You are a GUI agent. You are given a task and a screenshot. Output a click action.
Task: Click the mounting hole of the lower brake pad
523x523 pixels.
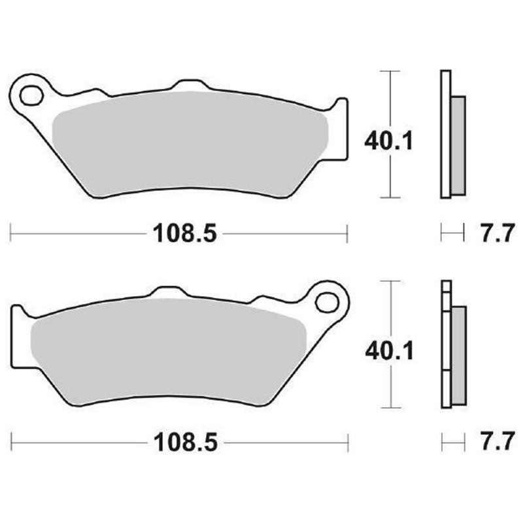click(x=326, y=302)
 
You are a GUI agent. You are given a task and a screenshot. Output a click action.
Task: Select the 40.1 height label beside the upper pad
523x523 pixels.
click(x=388, y=141)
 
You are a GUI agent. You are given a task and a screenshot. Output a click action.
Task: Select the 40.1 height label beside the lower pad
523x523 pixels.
click(x=388, y=353)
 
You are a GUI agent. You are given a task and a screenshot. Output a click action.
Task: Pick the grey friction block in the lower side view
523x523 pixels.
click(x=459, y=354)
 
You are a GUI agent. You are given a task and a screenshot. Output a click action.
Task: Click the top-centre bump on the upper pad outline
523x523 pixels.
click(x=188, y=86)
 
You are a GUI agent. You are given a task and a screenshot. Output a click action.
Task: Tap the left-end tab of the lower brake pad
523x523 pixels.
click(x=20, y=337)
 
